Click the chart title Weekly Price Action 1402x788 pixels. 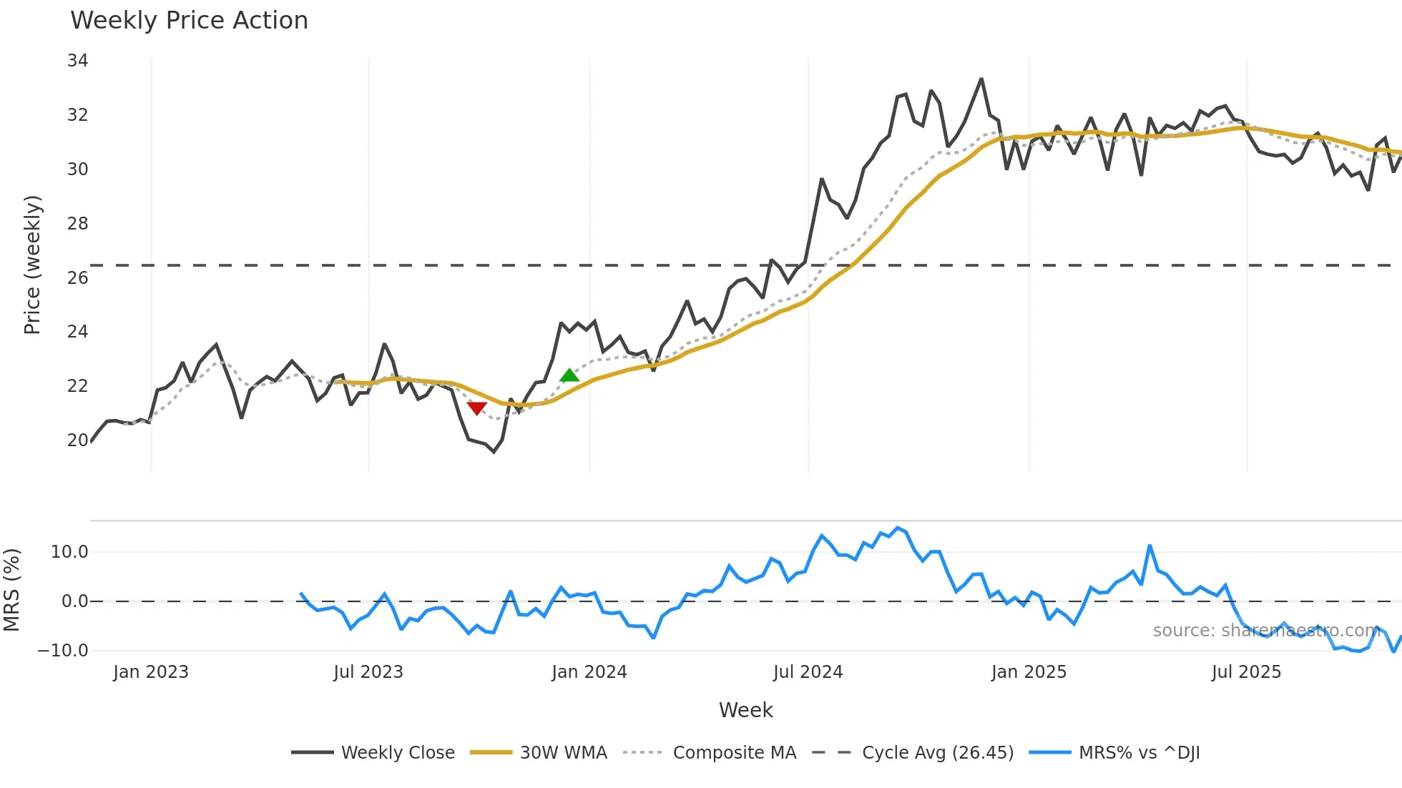point(189,21)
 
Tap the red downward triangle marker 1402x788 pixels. point(476,408)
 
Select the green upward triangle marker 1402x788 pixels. point(569,375)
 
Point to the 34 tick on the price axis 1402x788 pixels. point(77,61)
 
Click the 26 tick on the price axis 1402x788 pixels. point(77,277)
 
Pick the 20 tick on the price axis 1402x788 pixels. point(77,440)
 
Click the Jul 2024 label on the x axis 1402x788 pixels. point(808,672)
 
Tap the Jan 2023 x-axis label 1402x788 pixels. point(151,672)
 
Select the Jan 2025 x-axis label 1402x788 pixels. point(1029,672)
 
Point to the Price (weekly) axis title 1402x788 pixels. point(32,265)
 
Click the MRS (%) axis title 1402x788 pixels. point(11,590)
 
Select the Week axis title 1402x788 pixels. point(745,710)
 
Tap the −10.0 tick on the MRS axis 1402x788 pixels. point(63,651)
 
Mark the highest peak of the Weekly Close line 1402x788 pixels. point(981,79)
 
